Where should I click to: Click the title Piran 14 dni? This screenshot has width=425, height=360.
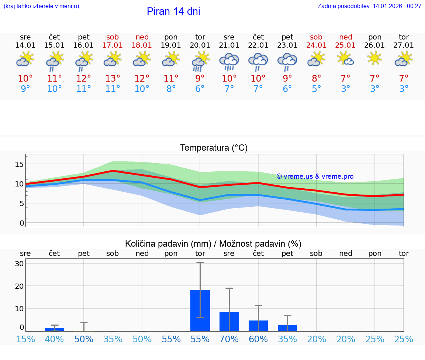[173, 11]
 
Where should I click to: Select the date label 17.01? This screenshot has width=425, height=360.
[113, 45]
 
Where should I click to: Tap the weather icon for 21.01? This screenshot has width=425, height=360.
[229, 61]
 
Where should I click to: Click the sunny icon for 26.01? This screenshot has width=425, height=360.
[375, 58]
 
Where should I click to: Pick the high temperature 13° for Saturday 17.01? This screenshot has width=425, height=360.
[113, 79]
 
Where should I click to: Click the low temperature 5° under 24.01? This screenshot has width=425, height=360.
[316, 89]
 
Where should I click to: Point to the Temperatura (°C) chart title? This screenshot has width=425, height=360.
[214, 148]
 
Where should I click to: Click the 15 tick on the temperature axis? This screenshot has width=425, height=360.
[19, 164]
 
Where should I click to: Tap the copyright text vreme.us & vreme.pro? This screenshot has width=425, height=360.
[315, 176]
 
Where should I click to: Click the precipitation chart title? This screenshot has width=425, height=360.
[213, 244]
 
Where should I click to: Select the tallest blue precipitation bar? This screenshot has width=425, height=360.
[200, 311]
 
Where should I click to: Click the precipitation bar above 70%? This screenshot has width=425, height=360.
[229, 322]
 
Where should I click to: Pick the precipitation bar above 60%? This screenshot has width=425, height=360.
[258, 326]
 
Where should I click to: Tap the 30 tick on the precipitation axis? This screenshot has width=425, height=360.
[19, 264]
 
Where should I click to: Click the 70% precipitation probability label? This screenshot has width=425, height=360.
[229, 339]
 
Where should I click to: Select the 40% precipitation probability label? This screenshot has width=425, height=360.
[54, 339]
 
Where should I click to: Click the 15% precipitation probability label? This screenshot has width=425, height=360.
[25, 339]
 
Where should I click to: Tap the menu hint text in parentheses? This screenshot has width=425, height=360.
[41, 6]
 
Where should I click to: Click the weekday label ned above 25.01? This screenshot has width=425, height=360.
[345, 37]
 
